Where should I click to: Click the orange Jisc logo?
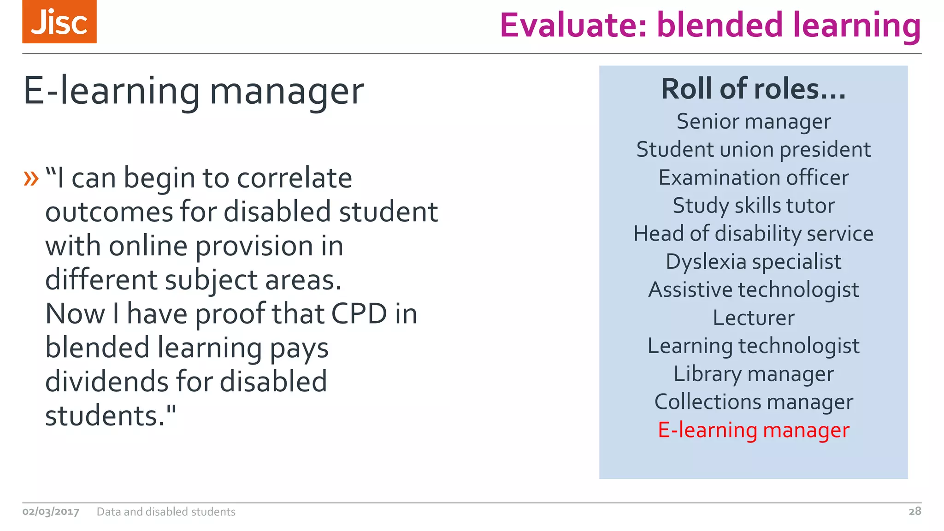59,22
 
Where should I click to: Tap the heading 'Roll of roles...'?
753,88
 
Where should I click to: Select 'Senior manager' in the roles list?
753,122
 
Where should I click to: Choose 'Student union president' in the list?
753,150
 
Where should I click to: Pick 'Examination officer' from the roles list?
753,178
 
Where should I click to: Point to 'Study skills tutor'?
753,206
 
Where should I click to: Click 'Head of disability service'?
753,234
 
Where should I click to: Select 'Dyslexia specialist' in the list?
753,262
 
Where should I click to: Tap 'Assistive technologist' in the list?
753,290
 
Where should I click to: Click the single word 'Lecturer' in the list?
753,318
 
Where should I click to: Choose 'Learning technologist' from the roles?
753,346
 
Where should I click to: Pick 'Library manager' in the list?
753,374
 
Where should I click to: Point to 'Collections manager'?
753,402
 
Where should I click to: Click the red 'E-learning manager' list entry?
753,430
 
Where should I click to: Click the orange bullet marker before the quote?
31,178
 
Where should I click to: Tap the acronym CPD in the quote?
359,314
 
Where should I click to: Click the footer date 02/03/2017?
51,512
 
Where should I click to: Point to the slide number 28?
914,511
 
